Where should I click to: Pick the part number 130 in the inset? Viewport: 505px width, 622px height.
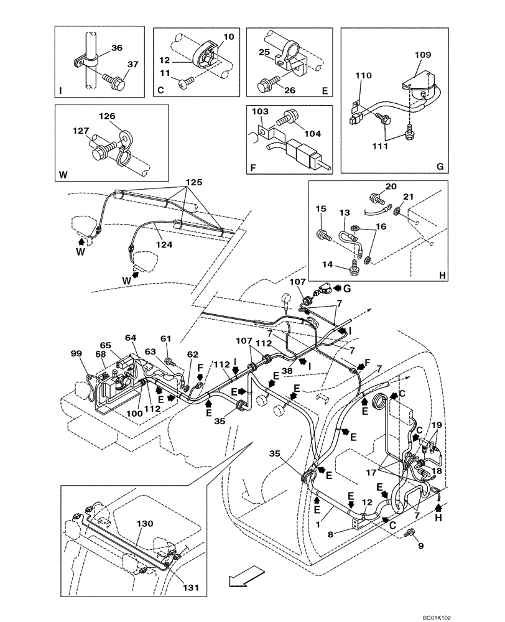[x=144, y=524]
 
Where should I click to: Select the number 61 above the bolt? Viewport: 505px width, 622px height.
[x=165, y=338]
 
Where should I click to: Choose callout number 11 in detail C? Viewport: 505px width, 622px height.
[x=165, y=73]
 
